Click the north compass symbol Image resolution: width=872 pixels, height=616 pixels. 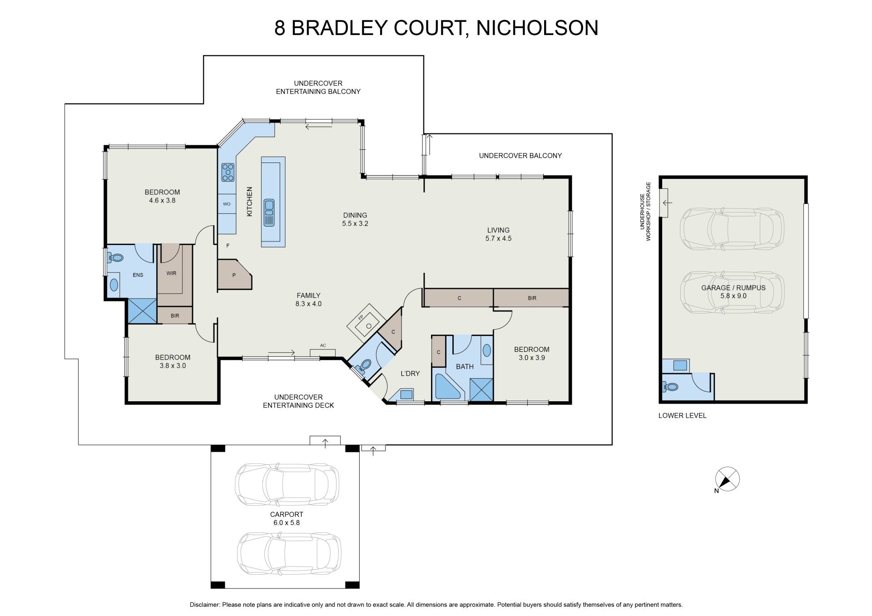coord(727,479)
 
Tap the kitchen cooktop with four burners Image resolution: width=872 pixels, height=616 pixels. coord(228,172)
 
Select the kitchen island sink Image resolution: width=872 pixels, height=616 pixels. coord(269,212)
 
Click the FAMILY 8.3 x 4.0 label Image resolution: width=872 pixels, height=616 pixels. coord(308,300)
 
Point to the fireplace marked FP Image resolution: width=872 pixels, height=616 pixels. coord(367,324)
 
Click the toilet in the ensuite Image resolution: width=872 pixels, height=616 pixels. coord(116,258)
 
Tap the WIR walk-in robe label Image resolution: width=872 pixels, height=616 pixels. coord(171,273)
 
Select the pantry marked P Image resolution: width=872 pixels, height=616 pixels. coord(234,274)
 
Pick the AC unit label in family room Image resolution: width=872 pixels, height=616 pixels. coord(323,345)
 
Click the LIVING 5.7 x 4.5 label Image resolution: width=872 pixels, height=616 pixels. coord(498,234)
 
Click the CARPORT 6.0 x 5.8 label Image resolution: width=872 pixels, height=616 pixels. coord(287,518)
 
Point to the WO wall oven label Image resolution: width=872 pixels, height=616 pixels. coord(227,204)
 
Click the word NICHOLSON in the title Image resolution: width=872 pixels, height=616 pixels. coord(537,28)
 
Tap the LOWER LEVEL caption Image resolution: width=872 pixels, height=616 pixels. coord(683,415)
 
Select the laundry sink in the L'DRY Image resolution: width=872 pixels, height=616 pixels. coord(406,394)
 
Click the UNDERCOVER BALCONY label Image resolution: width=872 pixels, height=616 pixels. coord(520,156)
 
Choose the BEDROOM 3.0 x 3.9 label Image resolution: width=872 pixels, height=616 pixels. coord(532,353)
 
